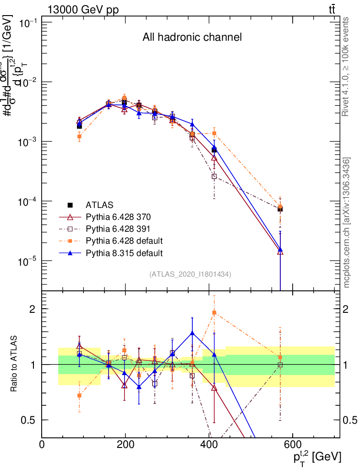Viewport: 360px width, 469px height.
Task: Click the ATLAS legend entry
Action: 99,205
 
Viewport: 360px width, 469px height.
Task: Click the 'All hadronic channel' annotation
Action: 191,37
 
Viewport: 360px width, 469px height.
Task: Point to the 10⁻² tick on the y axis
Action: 27,82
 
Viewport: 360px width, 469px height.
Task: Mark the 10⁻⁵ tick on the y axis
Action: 27,261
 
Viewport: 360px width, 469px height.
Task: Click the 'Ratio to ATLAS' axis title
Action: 14,364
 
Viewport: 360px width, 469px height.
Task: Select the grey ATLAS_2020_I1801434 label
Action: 190,274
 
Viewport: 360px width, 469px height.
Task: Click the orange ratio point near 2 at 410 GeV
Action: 214,312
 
